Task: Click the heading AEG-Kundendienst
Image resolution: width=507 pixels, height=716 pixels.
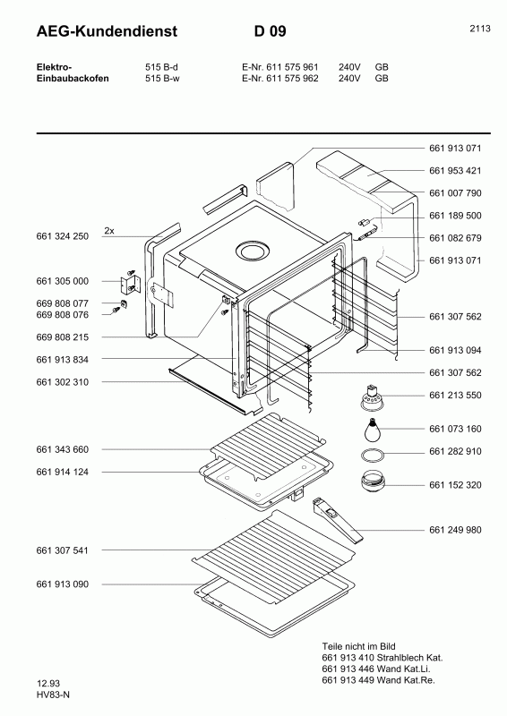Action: [94, 32]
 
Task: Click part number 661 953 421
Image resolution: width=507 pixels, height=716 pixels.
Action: [455, 170]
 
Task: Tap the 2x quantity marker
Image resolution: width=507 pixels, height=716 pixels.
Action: [109, 230]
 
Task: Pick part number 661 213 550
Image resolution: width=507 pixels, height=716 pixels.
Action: [455, 394]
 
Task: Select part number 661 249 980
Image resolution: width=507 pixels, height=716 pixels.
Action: [455, 530]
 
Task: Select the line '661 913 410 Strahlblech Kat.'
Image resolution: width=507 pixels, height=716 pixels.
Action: [382, 658]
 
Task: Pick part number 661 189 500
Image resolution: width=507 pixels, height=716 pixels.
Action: [455, 216]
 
